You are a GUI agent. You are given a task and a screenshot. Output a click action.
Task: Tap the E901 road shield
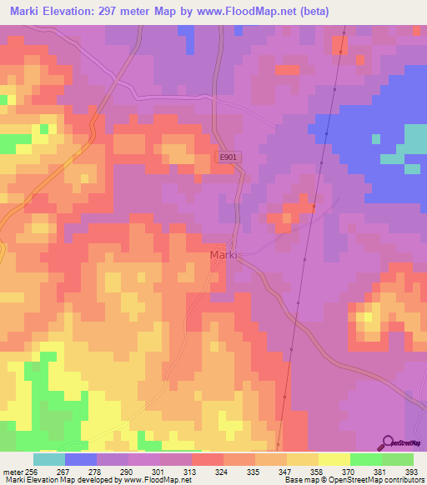pos(227,157)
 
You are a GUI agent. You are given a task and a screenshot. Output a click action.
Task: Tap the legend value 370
pos(349,471)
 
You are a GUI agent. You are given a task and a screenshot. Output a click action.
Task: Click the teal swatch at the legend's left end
pos(48,459)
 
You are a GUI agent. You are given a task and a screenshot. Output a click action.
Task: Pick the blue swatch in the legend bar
pos(80,459)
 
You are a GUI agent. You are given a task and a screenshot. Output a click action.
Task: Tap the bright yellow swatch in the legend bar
pos(334,459)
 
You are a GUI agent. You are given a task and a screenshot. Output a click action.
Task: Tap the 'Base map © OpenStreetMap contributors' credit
pos(353,480)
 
